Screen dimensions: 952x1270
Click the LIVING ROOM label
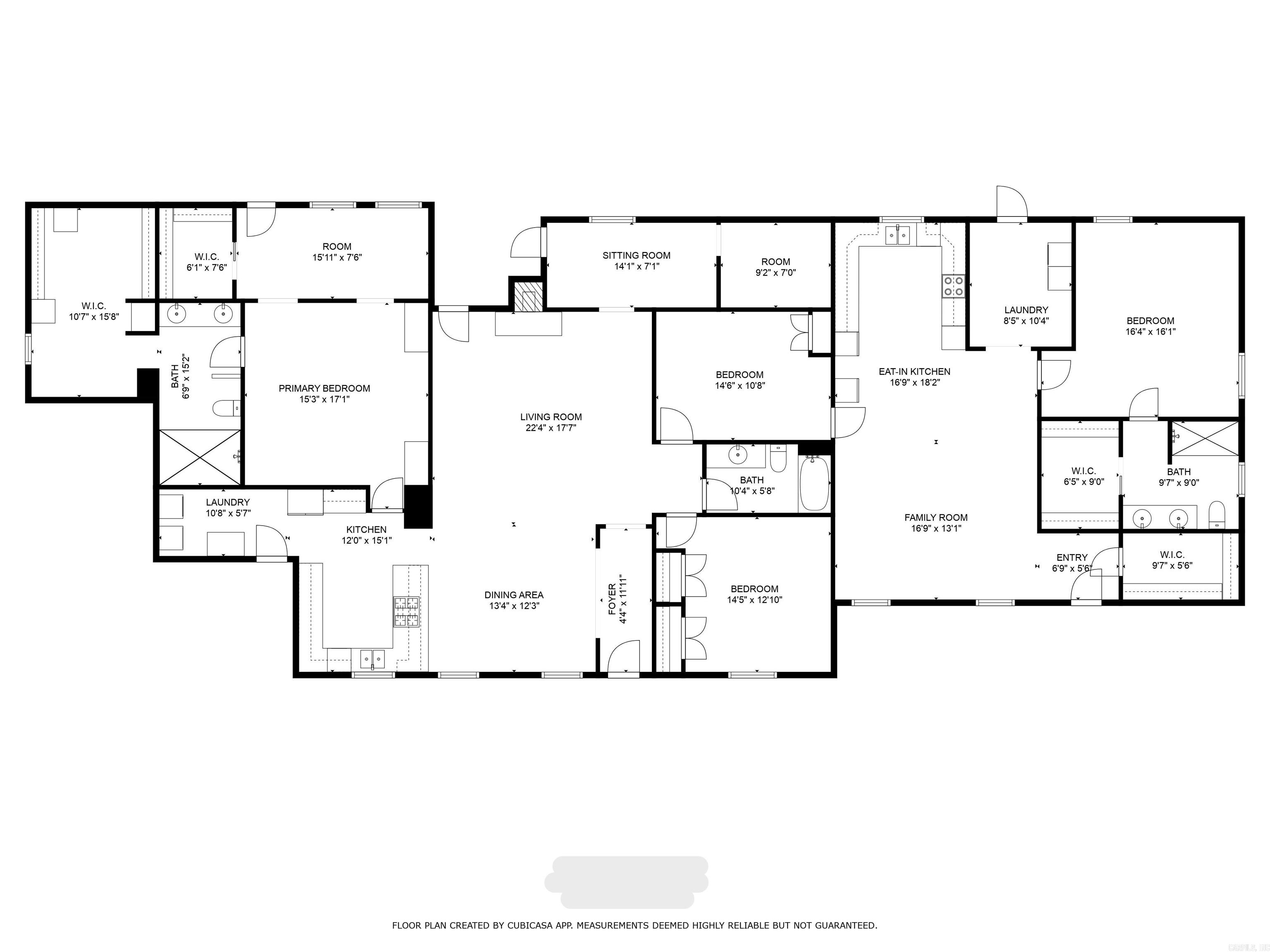tap(551, 417)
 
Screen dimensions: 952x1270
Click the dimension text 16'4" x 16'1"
tap(1150, 331)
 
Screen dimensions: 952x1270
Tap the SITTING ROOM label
tap(636, 255)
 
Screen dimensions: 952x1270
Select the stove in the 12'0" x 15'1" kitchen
tap(406, 612)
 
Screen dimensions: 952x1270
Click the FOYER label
tap(612, 599)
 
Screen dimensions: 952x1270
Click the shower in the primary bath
tap(199, 457)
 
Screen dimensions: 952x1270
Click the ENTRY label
tap(1072, 558)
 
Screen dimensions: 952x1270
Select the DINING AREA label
tap(513, 595)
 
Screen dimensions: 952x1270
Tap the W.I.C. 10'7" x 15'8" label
tap(93, 306)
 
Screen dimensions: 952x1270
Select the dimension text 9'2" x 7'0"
tap(776, 273)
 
